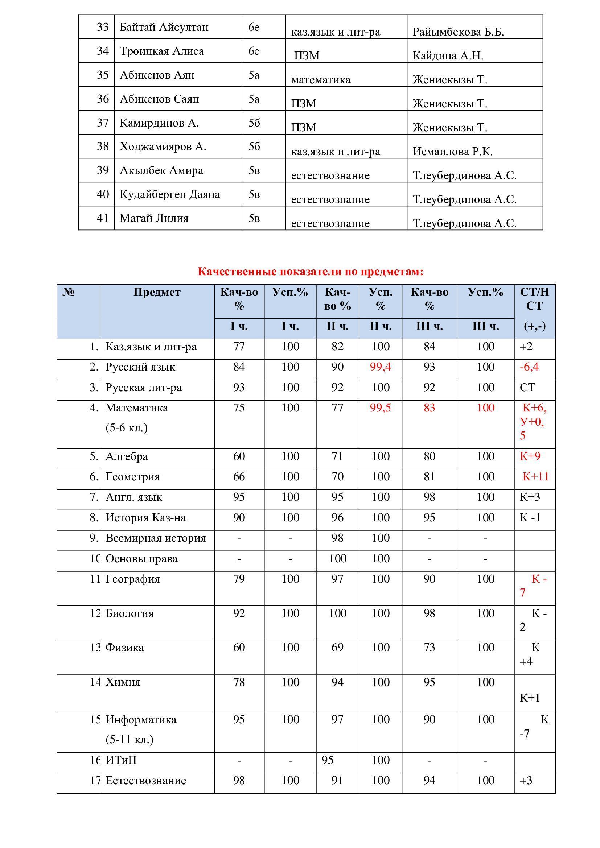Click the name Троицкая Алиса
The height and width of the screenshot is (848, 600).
click(161, 51)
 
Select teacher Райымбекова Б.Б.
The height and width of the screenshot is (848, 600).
click(458, 32)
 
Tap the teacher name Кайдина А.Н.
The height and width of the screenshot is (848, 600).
click(448, 56)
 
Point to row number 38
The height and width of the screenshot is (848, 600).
click(103, 146)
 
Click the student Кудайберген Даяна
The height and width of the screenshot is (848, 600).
click(169, 194)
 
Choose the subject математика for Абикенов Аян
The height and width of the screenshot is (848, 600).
click(321, 80)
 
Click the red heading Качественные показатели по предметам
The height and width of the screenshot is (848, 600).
click(311, 272)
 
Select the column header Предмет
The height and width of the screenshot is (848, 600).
click(157, 292)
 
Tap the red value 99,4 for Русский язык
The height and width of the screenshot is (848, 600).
click(380, 367)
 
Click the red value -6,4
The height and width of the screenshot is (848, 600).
click(529, 367)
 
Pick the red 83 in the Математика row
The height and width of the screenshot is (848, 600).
click(429, 408)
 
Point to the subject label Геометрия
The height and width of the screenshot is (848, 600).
click(133, 477)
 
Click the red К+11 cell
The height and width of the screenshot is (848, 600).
click(535, 477)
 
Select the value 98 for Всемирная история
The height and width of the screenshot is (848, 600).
click(337, 538)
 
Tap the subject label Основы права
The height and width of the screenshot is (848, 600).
click(141, 559)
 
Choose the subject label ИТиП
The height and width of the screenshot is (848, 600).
click(121, 761)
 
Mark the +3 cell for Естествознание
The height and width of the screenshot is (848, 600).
click(526, 781)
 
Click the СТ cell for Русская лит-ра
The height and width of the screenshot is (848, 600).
click(527, 388)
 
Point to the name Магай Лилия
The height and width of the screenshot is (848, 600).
click(154, 218)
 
